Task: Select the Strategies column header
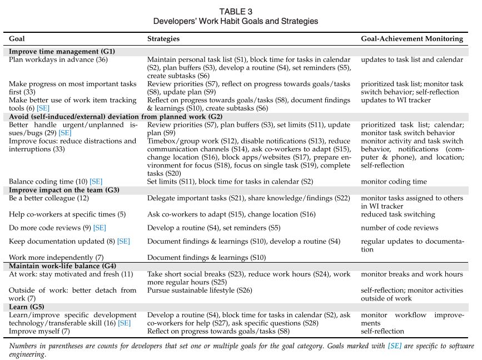coord(163,39)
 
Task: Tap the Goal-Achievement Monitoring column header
coord(411,39)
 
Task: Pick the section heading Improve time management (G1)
coord(62,51)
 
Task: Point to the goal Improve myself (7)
coord(39,331)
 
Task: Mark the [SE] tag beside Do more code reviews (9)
coord(100,228)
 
